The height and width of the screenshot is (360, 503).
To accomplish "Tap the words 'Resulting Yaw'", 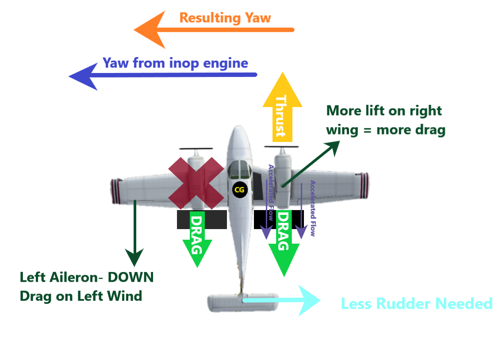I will click(225, 18).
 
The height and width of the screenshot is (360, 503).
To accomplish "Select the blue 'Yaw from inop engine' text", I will click(175, 63).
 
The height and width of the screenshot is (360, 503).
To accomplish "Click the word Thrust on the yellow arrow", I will click(281, 116).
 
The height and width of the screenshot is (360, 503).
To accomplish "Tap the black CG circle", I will click(239, 190).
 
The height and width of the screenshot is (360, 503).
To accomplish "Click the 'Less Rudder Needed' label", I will click(416, 303).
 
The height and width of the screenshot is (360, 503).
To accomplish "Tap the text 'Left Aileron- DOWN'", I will click(87, 277).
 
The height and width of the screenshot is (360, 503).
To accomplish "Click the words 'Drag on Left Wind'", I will click(81, 295).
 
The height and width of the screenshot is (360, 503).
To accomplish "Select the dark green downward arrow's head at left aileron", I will click(134, 257).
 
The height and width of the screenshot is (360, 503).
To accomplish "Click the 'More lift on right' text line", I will click(384, 111).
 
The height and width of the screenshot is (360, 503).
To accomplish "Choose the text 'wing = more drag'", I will click(385, 130).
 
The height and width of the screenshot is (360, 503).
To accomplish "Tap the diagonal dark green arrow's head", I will click(334, 146).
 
